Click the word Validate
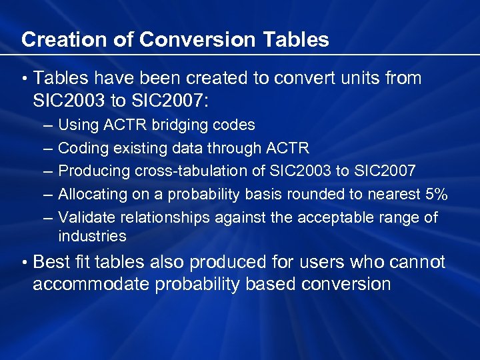click(83, 217)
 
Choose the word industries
click(92, 236)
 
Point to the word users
click(313, 263)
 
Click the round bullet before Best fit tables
click(23, 263)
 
